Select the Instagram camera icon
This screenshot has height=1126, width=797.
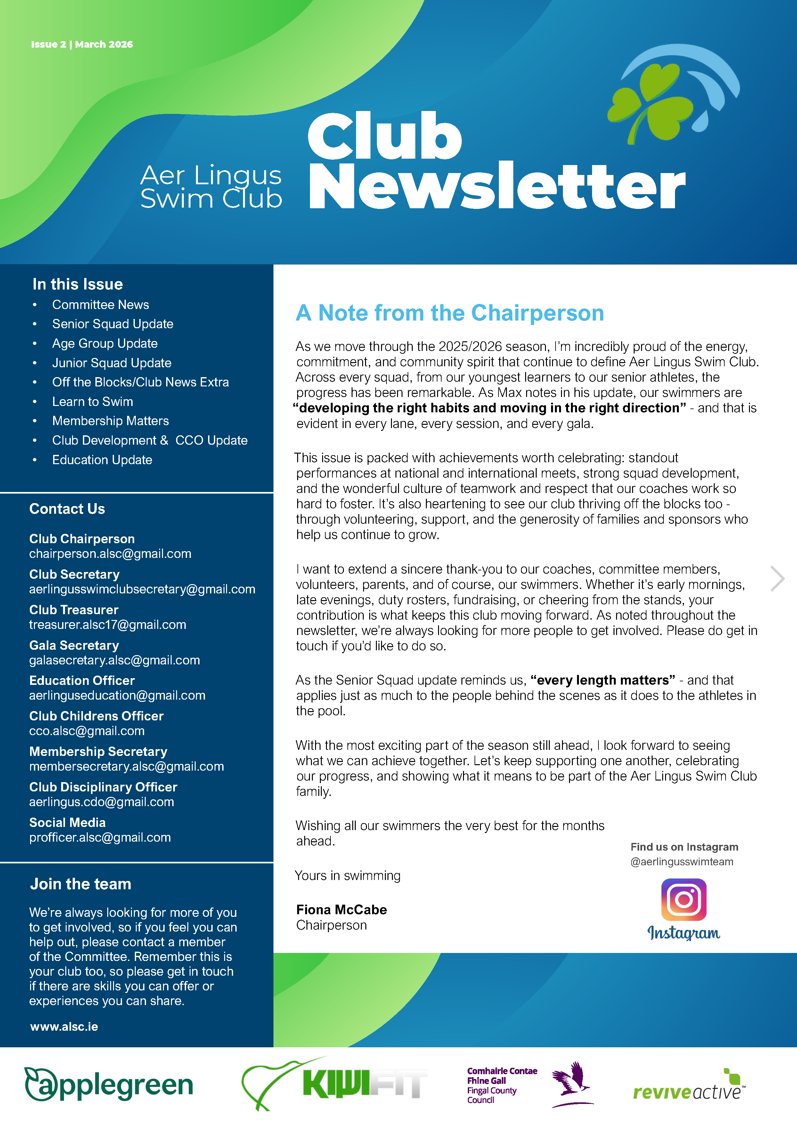pos(684,900)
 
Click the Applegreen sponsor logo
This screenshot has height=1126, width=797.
pos(109,1085)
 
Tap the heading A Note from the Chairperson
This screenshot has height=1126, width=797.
pos(450,313)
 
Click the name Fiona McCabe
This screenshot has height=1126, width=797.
pos(342,910)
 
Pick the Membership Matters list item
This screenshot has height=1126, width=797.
pos(110,421)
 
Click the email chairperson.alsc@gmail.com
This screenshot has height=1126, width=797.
pos(110,554)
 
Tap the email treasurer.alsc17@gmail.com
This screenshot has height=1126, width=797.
pos(108,625)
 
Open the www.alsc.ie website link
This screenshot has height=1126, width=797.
pos(64,1027)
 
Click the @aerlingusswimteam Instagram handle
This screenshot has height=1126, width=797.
pos(682,862)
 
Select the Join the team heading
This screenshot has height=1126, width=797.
pos(80,884)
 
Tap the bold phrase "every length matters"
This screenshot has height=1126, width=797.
pos(603,680)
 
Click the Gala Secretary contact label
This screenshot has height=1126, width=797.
pos(74,646)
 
